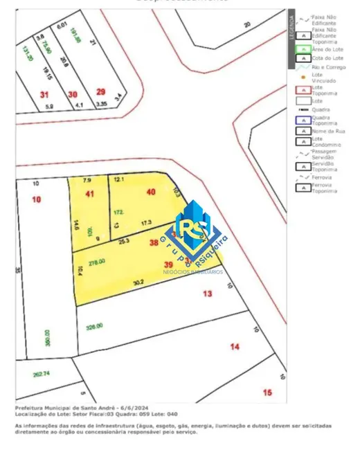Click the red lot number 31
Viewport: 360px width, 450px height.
click(45, 94)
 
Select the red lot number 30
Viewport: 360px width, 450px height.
click(73, 94)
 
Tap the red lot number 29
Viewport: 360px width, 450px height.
click(101, 92)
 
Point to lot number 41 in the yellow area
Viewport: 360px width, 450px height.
click(89, 194)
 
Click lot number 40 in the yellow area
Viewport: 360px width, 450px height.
click(152, 192)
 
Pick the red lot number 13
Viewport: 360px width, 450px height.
click(207, 294)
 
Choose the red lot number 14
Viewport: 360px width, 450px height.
click(235, 345)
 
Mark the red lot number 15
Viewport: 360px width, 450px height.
click(267, 393)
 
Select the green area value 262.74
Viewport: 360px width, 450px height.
click(42, 374)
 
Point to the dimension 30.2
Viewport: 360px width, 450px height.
click(138, 282)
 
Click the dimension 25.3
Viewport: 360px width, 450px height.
click(124, 242)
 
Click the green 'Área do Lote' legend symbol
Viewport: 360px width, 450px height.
click(303, 49)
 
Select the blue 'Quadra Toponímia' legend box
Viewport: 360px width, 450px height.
click(303, 120)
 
